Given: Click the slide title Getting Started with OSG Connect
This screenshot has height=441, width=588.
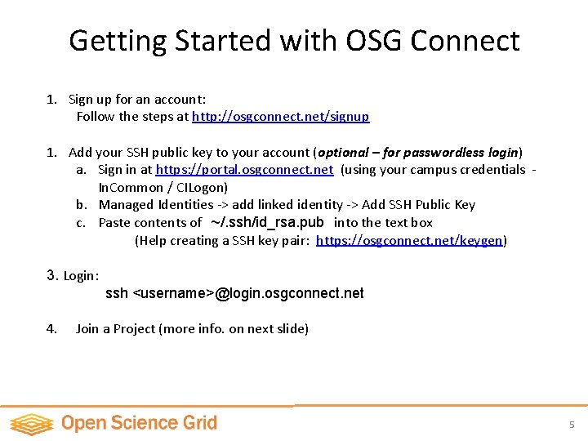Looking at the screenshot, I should pos(294,40).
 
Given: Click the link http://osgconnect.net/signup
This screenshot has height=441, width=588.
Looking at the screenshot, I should pos(280,117).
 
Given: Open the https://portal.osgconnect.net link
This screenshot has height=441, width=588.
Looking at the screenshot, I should pos(244,170).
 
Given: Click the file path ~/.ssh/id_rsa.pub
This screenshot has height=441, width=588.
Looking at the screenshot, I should pos(267,222).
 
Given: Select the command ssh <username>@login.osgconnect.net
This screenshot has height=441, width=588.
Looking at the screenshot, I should pos(234,293).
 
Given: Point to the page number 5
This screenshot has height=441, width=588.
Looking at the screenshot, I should pos(572,425).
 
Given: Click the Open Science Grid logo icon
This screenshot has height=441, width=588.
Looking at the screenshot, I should pos(31,424).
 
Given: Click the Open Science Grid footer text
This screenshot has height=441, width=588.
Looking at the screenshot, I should pos(139,423).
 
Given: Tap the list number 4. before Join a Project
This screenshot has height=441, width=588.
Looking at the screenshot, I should pos(51,329).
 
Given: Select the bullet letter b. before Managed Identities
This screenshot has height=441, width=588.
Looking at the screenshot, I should pos(82,205).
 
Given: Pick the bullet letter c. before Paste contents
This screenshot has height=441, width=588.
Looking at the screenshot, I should pos(82,223).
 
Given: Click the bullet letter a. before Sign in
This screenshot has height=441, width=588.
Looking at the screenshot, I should pos(82,170).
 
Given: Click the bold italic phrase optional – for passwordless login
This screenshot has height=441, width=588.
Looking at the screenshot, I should pos(419,153).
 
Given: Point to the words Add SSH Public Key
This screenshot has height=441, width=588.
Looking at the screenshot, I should pos(419,205).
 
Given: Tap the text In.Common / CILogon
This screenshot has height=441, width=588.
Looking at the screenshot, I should pos(163,188).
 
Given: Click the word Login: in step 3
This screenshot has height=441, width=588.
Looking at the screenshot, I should pos(81,276).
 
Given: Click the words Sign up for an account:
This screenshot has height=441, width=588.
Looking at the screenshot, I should pos(137,100).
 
